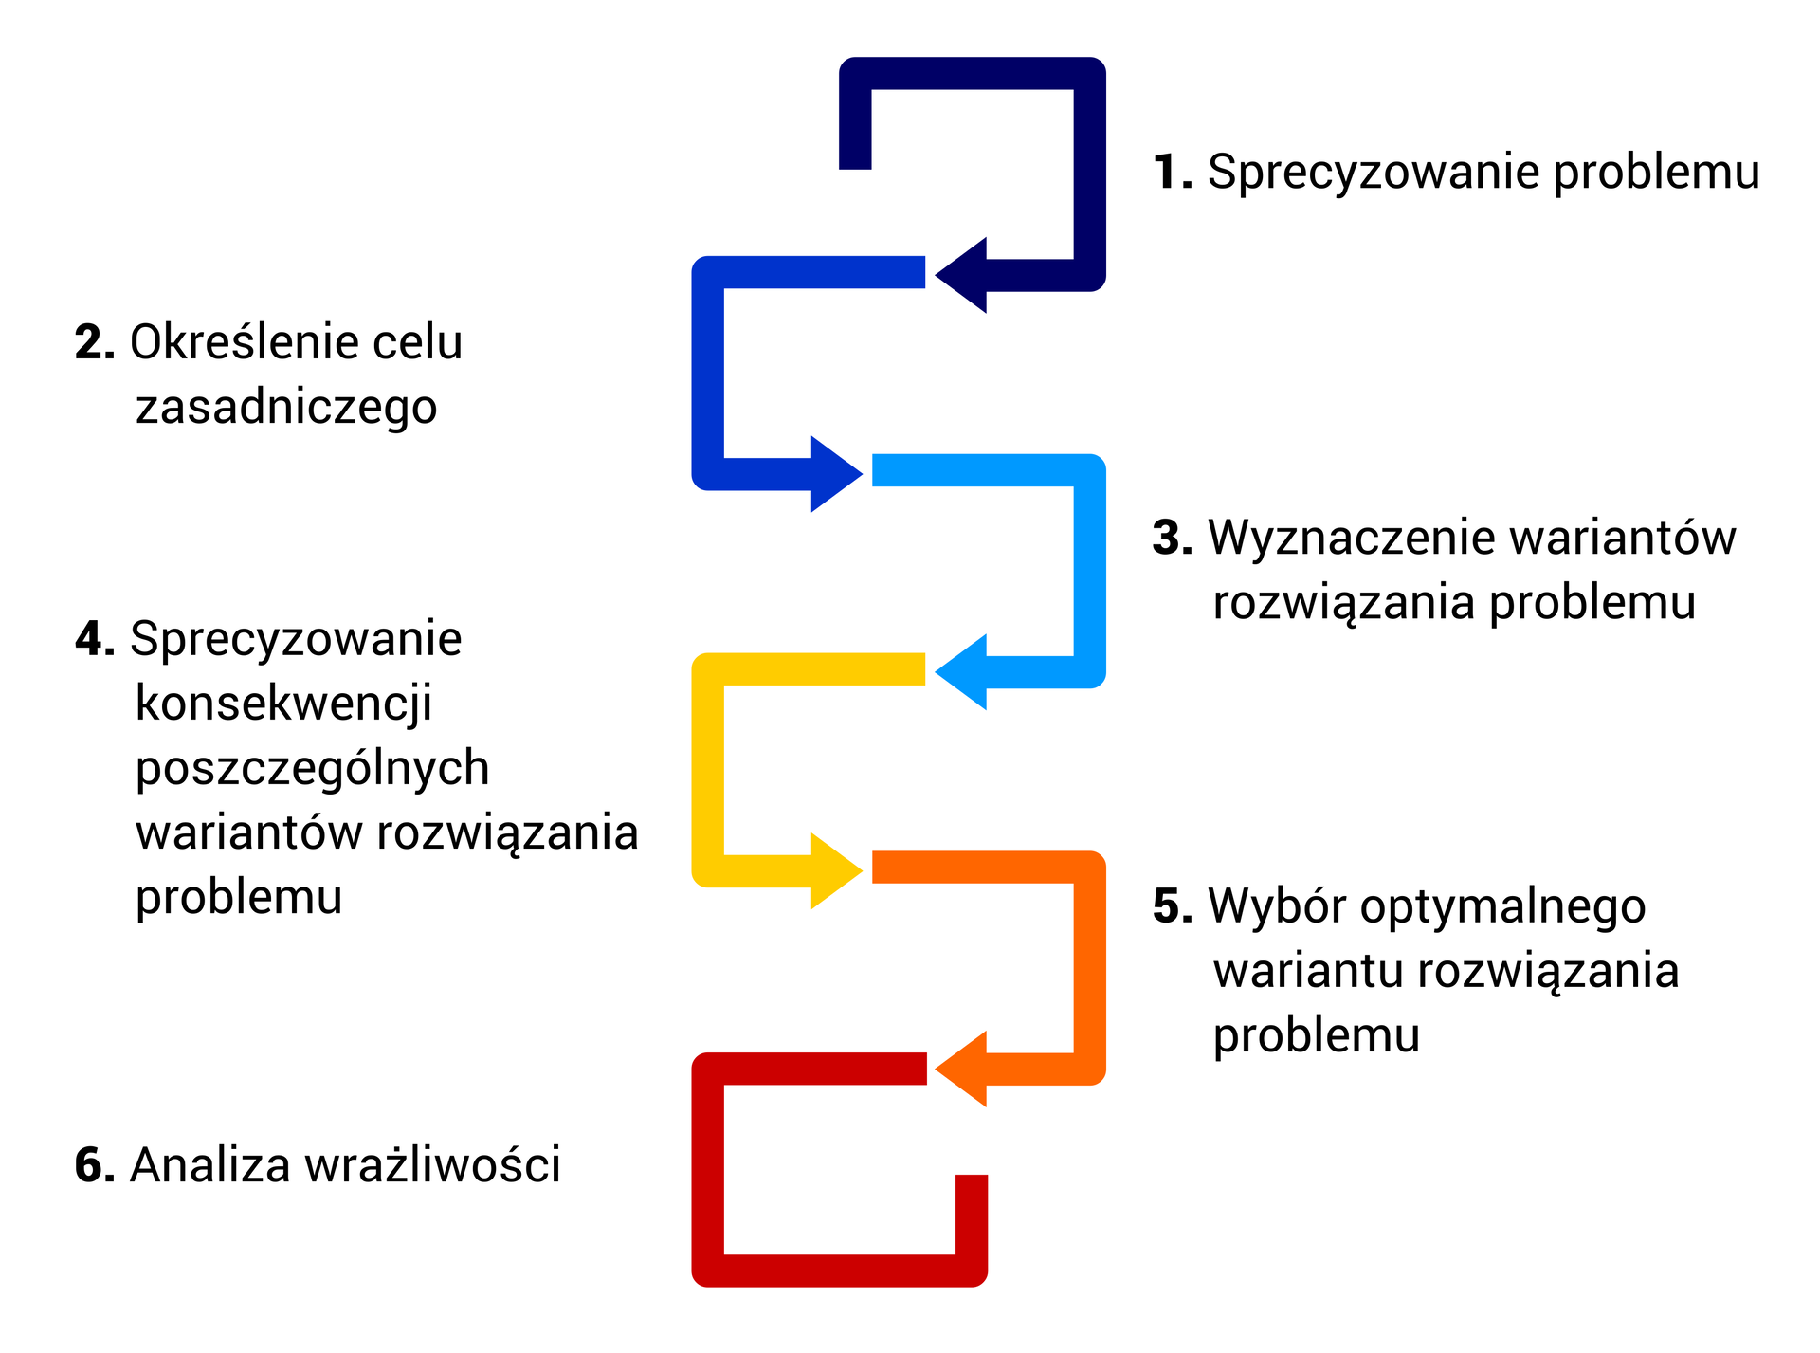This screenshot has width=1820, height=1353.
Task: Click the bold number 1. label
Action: pyautogui.click(x=1172, y=173)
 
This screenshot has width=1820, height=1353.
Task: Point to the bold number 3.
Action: pyautogui.click(x=1172, y=538)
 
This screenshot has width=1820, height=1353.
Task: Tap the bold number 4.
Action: pyautogui.click(x=95, y=639)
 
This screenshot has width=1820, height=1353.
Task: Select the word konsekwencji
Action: pyautogui.click(x=283, y=704)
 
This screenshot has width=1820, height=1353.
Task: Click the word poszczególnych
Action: pyautogui.click(x=312, y=768)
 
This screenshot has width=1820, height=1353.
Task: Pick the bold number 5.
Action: pyautogui.click(x=1172, y=906)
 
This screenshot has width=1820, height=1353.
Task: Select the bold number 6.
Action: pyautogui.click(x=95, y=1165)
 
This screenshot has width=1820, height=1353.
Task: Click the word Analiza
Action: pyautogui.click(x=209, y=1165)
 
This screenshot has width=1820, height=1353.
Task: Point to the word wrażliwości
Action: pyautogui.click(x=432, y=1165)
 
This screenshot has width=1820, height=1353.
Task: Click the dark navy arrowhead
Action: pyautogui.click(x=967, y=275)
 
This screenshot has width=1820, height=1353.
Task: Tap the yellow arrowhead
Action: pyautogui.click(x=831, y=870)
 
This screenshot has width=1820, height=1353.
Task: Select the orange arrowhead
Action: pyautogui.click(x=967, y=1069)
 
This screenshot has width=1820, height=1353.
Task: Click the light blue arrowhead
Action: pyautogui.click(x=967, y=671)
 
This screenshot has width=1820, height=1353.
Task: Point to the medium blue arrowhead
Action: pyautogui.click(x=831, y=473)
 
